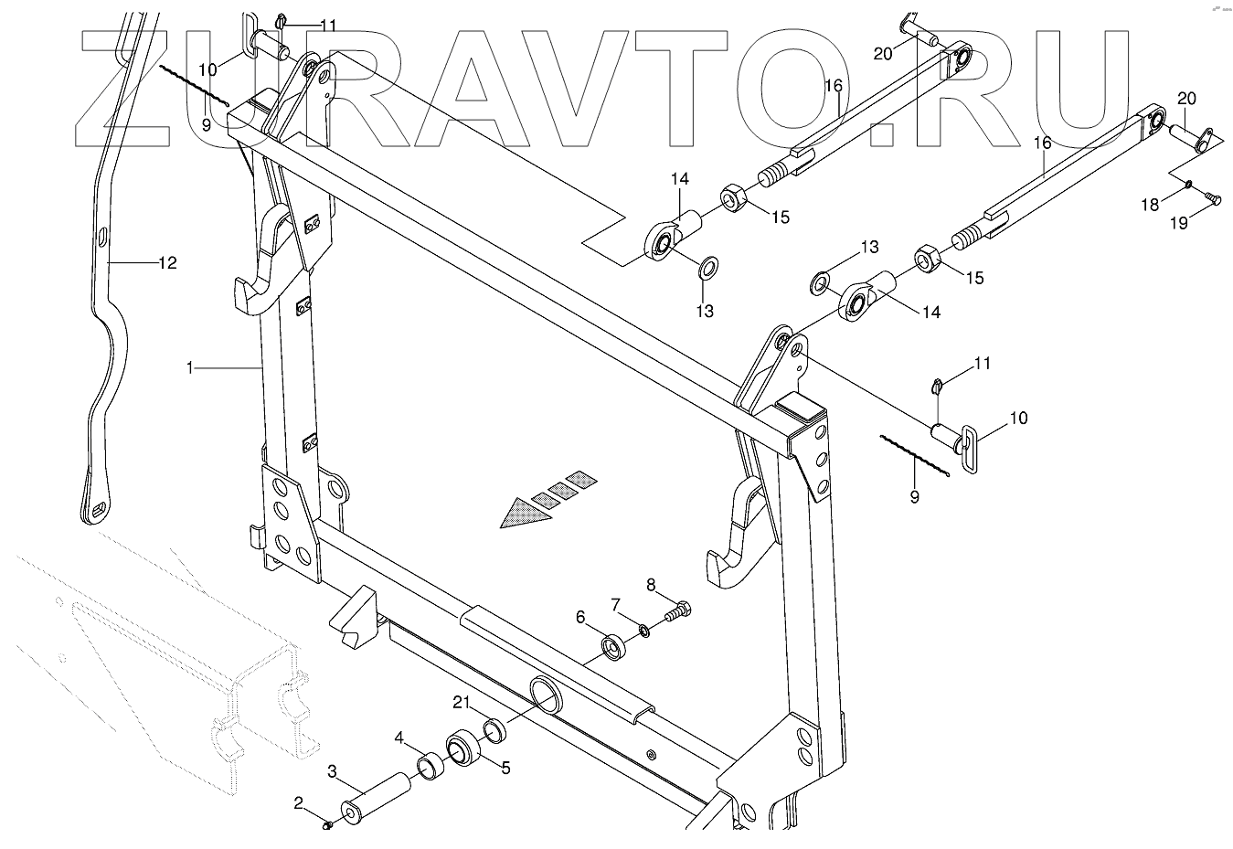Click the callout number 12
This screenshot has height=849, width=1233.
166,263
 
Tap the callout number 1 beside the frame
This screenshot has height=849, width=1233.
190,367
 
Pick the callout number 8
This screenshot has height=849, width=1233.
652,585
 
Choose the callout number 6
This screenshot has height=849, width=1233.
580,618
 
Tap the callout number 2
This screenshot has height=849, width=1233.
299,803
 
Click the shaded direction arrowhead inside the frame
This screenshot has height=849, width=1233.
521,514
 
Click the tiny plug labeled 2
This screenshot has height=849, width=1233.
326,825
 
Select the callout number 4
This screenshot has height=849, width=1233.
399,737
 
